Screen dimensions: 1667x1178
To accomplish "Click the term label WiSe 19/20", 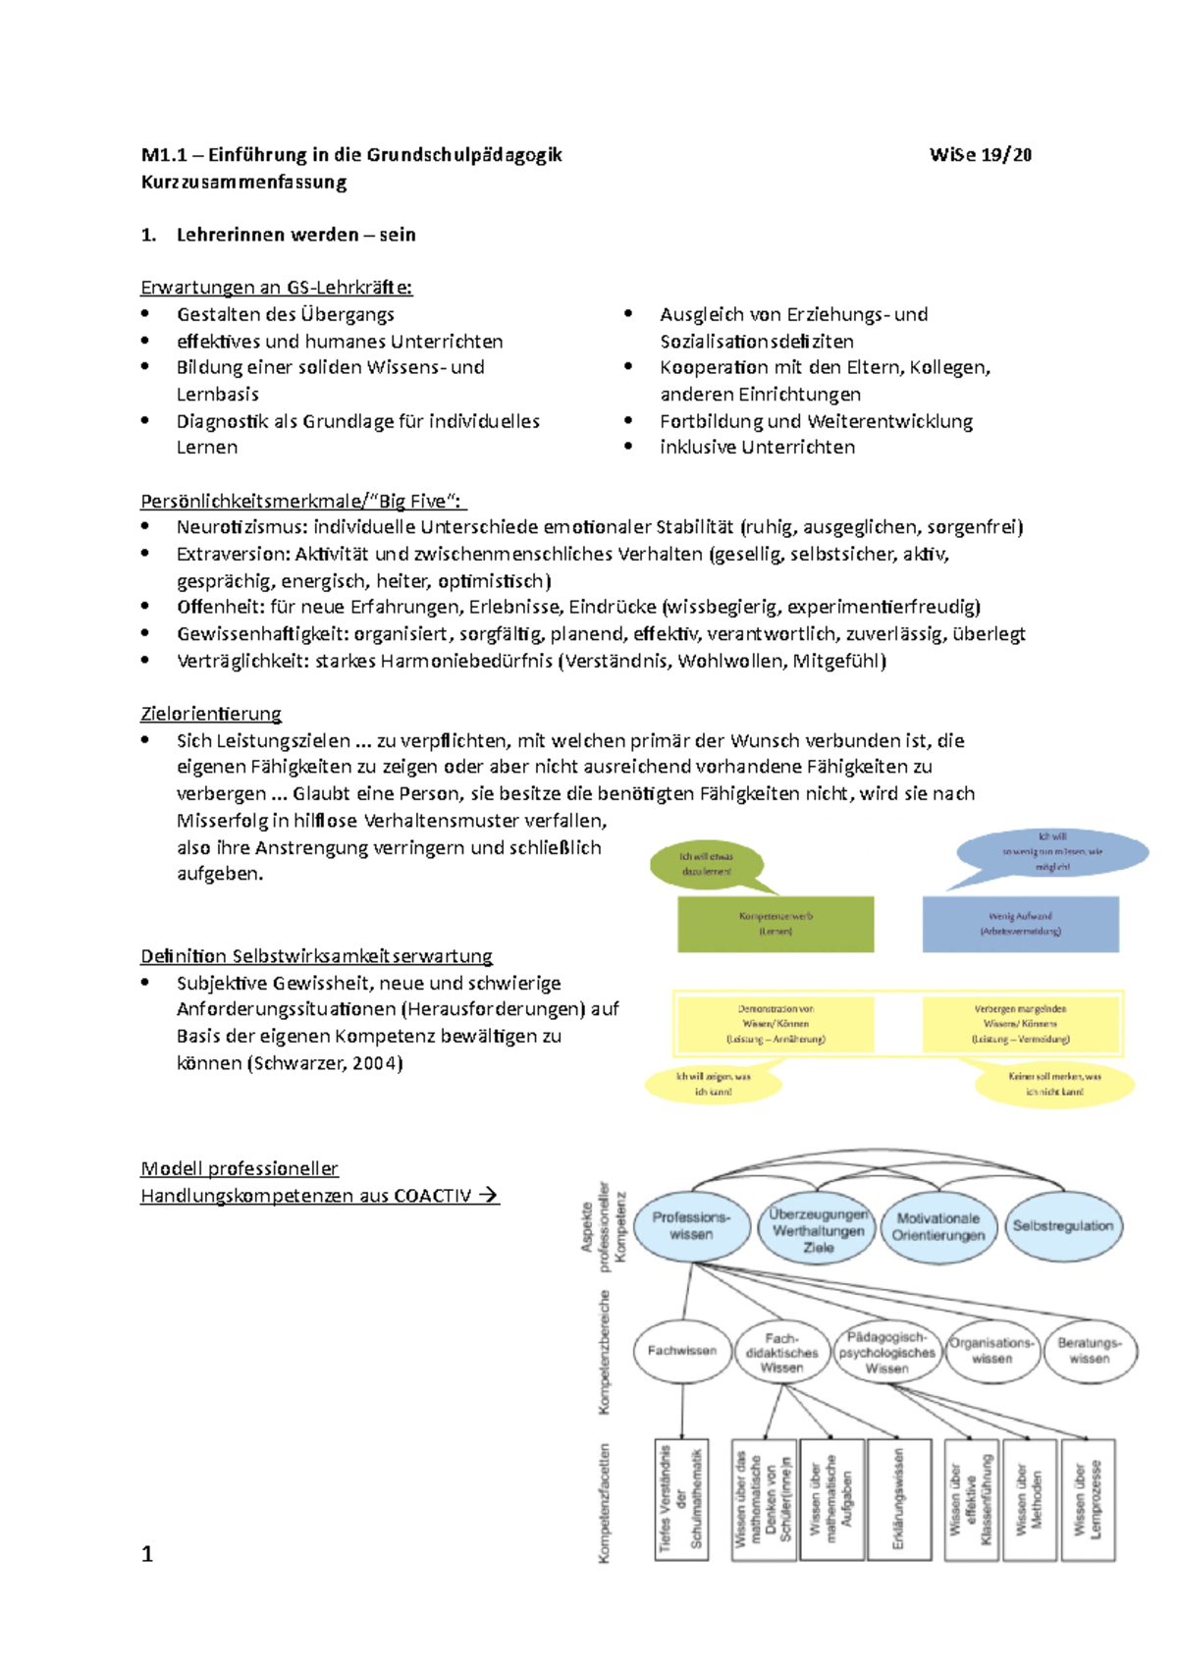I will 980,155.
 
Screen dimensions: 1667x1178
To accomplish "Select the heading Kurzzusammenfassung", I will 243,183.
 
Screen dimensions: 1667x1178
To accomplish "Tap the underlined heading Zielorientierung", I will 211,714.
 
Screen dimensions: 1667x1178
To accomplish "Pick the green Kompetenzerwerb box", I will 776,923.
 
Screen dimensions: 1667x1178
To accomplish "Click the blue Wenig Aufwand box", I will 1020,923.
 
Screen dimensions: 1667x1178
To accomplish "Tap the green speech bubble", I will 707,864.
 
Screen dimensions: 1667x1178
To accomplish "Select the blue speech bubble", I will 1051,851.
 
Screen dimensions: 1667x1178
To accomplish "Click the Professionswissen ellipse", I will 691,1225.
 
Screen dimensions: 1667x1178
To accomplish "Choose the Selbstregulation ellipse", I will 1063,1226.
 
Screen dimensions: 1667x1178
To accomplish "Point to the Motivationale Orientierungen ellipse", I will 938,1226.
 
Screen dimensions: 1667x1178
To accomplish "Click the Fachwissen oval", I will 682,1351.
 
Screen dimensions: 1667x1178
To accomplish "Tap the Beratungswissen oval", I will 1090,1351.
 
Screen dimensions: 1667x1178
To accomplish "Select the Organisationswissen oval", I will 991,1351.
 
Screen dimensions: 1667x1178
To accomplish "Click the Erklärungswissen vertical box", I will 895,1499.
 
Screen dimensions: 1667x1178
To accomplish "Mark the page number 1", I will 147,1553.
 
